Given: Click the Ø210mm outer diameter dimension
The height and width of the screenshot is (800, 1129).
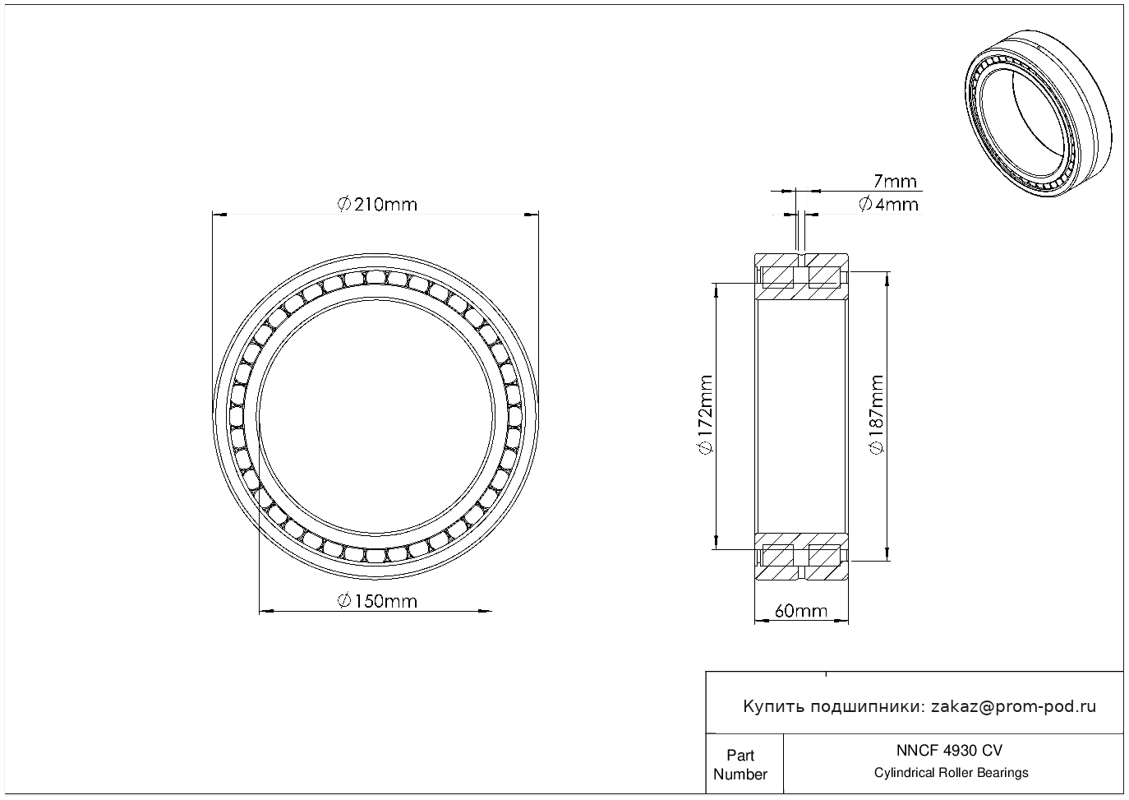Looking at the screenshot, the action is [x=377, y=205].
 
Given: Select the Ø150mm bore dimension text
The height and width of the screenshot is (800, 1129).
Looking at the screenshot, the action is [x=377, y=602].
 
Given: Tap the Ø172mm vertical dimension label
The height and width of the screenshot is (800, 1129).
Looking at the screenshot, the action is [x=705, y=414].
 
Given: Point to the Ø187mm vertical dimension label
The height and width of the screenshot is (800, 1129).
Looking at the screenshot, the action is [x=877, y=414].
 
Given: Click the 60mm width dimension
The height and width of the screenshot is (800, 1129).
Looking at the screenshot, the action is [x=801, y=612].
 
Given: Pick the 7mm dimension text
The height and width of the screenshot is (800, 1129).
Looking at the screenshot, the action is [x=895, y=182].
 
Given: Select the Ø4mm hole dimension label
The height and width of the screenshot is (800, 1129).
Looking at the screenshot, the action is [x=888, y=205].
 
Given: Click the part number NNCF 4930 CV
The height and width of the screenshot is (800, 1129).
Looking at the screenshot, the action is [x=950, y=751].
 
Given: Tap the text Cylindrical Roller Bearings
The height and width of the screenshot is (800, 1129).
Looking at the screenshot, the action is [x=951, y=773].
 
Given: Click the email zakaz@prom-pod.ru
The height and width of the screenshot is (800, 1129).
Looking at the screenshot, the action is [x=1014, y=706].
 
